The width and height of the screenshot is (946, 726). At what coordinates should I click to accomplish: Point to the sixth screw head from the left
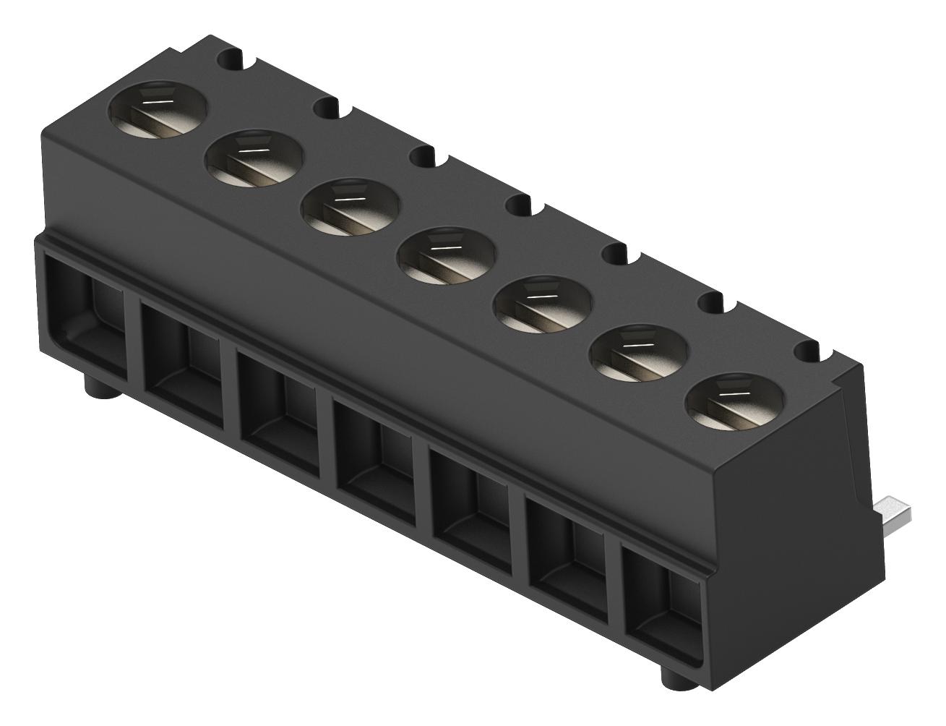click(639, 354)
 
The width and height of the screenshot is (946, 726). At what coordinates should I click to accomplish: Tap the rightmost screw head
click(736, 403)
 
